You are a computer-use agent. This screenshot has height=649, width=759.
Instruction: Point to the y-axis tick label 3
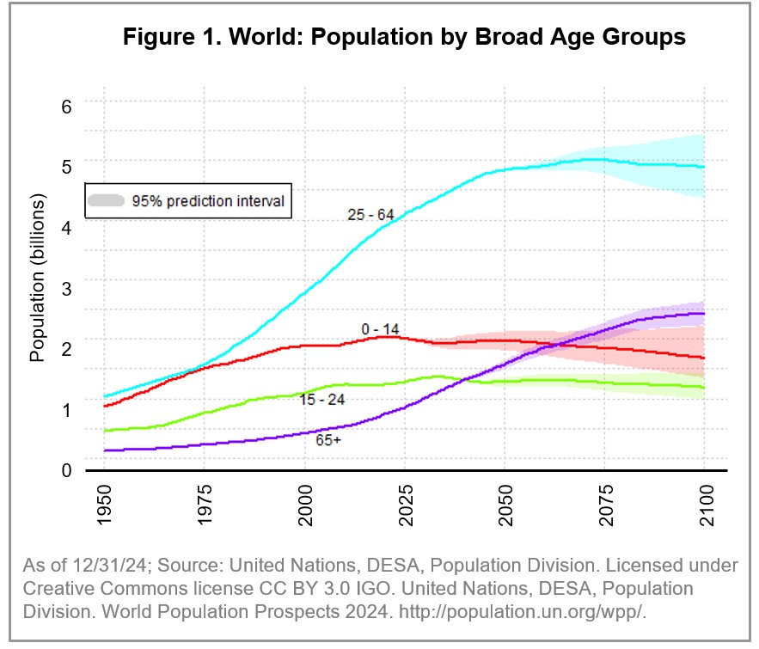tap(65, 286)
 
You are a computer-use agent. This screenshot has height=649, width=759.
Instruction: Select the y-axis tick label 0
tap(65, 470)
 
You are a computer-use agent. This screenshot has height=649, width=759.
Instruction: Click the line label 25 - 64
tap(372, 215)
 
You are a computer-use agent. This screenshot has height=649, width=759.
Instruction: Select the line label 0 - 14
tap(380, 328)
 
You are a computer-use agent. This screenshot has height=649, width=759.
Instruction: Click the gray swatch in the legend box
tap(107, 201)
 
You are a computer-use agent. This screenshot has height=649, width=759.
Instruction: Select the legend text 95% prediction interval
tap(208, 201)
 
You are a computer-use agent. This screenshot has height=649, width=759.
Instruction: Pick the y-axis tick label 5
tap(65, 164)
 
